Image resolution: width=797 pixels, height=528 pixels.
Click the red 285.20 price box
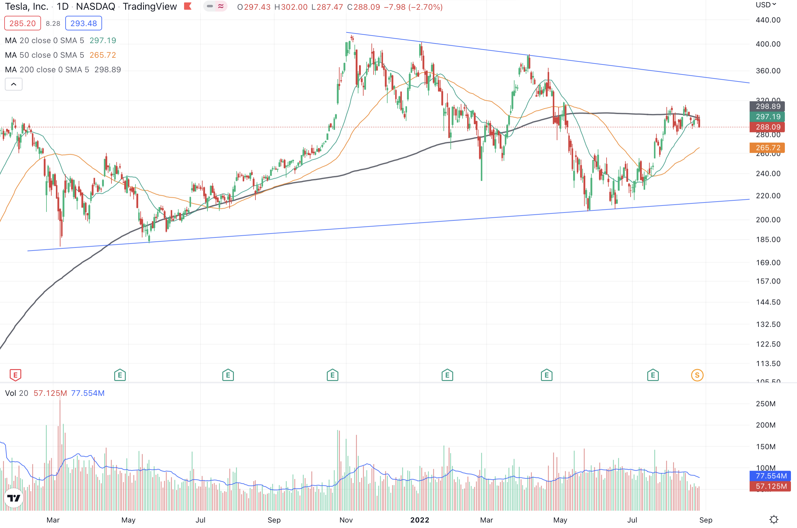[x=22, y=23]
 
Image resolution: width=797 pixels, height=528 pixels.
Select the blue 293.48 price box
[x=84, y=23]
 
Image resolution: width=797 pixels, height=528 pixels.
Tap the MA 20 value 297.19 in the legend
[x=103, y=40]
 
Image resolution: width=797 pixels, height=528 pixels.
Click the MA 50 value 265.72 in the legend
[x=103, y=55]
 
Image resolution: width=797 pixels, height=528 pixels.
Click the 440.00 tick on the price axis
[x=768, y=20]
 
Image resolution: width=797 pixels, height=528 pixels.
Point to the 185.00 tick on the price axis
[x=768, y=239]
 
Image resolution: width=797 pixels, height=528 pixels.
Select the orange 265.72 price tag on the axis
[x=767, y=147]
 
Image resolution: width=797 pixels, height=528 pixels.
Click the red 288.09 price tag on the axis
[x=767, y=127]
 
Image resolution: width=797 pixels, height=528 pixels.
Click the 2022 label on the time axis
[x=419, y=520]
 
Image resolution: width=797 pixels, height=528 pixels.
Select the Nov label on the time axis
[x=346, y=520]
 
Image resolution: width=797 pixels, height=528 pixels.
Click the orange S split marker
[x=697, y=375]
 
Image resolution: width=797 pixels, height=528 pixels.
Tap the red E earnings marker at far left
[x=15, y=375]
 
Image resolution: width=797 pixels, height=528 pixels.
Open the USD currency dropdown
[x=766, y=5]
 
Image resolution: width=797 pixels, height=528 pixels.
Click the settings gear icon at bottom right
[x=774, y=519]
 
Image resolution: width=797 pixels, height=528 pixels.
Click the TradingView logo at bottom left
[x=14, y=498]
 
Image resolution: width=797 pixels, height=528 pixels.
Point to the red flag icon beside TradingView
[x=188, y=6]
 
